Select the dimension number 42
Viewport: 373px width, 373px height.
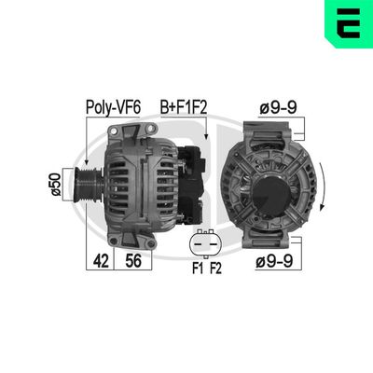coord(100,262)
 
